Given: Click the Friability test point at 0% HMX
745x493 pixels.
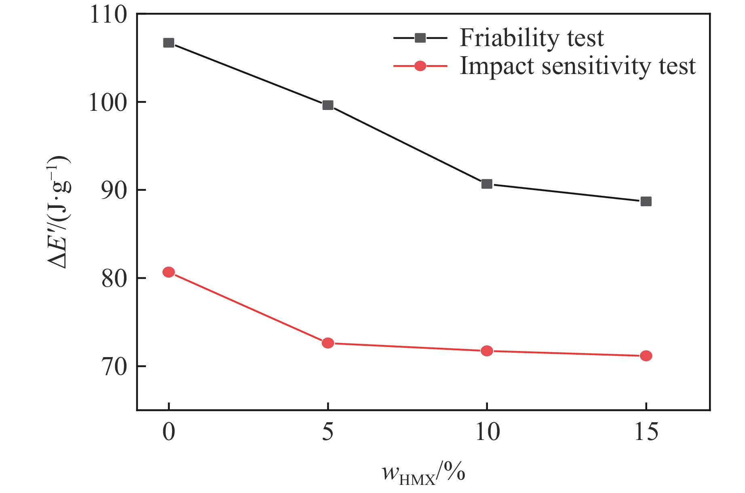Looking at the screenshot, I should pyautogui.click(x=169, y=43).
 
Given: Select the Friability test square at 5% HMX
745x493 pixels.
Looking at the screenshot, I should pyautogui.click(x=328, y=106).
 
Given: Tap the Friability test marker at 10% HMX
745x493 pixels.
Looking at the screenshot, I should pyautogui.click(x=487, y=184).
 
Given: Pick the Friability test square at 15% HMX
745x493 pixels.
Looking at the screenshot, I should pyautogui.click(x=646, y=201).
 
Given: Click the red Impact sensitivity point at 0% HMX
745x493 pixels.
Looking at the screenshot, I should pyautogui.click(x=169, y=272).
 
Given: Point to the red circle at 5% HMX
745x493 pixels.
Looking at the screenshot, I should pyautogui.click(x=328, y=343).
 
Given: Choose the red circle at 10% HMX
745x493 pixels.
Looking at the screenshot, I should pyautogui.click(x=487, y=351).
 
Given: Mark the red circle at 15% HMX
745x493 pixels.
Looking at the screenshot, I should pyautogui.click(x=646, y=356).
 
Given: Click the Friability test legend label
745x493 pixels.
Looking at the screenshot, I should pyautogui.click(x=531, y=38).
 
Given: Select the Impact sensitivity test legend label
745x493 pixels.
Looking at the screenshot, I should pyautogui.click(x=578, y=66).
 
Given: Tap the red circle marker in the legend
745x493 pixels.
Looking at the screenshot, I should pyautogui.click(x=420, y=66).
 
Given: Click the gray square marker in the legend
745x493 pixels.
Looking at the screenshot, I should pyautogui.click(x=420, y=38).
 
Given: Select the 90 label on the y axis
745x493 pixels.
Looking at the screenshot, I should pyautogui.click(x=114, y=190).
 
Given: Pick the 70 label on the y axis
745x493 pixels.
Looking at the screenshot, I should pyautogui.click(x=114, y=367).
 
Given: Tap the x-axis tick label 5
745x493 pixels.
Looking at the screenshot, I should pyautogui.click(x=328, y=432).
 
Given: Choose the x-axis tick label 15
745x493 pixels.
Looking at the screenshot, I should pyautogui.click(x=646, y=432).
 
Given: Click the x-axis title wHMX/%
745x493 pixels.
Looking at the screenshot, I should pyautogui.click(x=423, y=472).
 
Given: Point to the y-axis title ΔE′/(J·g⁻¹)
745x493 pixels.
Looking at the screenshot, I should pyautogui.click(x=59, y=212).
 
